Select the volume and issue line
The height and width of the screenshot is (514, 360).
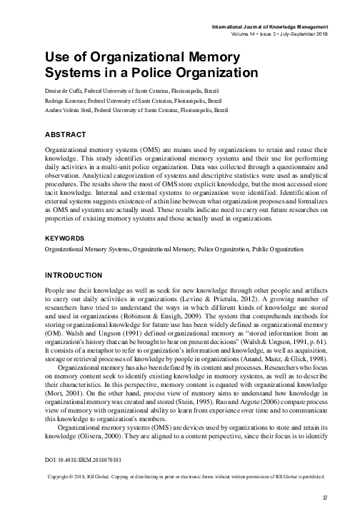point(279,34)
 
